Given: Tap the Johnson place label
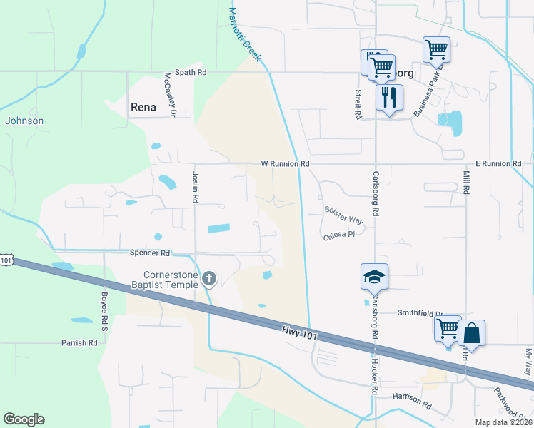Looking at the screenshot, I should point(24,121).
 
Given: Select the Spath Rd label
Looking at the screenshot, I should point(191,72).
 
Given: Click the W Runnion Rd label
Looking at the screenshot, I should point(285,163).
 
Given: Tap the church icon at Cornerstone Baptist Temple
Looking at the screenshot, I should point(209,278).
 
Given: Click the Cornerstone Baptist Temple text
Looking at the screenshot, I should point(163,280).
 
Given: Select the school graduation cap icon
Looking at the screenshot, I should point(374,276).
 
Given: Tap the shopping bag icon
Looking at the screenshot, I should point(471,332).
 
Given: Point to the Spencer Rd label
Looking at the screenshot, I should point(150,253).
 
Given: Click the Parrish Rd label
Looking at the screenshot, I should point(79,343).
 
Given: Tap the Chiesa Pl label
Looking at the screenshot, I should point(339,235).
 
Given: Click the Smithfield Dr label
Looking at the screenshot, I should point(420,313).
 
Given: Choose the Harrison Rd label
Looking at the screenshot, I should point(412,402).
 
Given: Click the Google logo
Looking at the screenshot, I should point(24,419).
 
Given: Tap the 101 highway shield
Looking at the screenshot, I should point(6,260).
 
